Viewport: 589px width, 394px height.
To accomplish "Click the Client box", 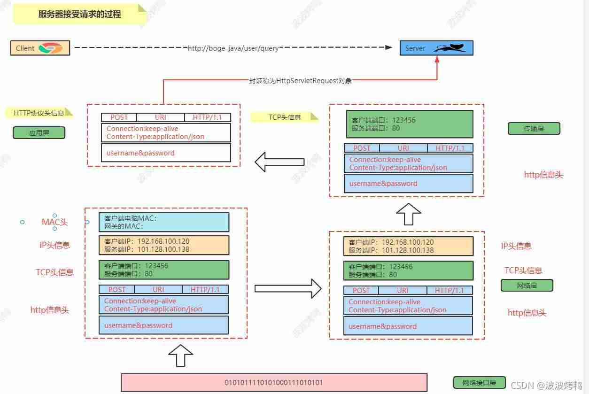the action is pos(40,48).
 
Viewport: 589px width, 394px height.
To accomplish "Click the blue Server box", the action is pos(436,48).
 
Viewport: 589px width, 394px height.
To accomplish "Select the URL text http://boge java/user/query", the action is pos(233,48).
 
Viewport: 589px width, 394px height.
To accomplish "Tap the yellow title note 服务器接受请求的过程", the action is pos(80,14).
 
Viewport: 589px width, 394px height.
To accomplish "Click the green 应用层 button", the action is pos(39,132).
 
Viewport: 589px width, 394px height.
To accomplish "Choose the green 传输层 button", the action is pos(534,128).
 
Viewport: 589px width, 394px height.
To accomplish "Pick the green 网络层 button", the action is pos(527,285).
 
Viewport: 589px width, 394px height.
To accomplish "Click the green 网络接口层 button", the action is pos(479,382).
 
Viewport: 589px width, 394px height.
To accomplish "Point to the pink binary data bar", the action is pos(274,382).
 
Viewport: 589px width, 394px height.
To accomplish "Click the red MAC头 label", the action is pos(54,222).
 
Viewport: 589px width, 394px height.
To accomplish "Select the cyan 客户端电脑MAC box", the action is pos(164,222).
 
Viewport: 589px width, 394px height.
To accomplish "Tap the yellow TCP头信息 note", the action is pos(285,117).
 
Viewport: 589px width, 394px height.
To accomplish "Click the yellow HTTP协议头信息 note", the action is pos(39,113).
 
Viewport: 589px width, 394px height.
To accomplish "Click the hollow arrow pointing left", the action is pos(279,162).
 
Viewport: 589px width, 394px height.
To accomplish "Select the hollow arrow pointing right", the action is pos(288,289).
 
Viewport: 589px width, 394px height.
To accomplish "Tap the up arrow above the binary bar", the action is pos(181,355).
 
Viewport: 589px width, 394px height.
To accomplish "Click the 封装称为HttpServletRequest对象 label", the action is pos(300,81).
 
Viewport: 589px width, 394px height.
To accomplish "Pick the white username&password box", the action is pos(166,153).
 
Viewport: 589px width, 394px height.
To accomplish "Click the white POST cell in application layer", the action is pos(119,117).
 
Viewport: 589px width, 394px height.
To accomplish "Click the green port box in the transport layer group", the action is pos(410,124).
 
